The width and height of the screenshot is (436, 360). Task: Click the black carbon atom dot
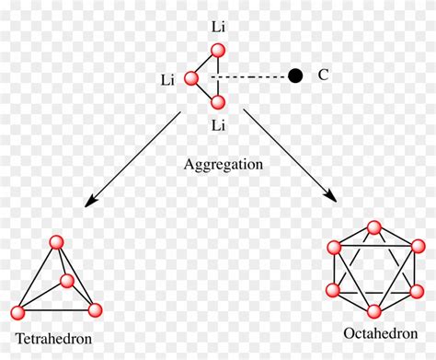pyautogui.click(x=295, y=76)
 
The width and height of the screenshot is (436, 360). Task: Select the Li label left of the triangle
pyautogui.click(x=166, y=80)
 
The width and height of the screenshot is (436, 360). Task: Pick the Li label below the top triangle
pyautogui.click(x=217, y=124)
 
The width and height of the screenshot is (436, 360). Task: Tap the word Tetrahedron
pyautogui.click(x=53, y=338)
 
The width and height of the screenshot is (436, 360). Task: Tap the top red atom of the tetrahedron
pyautogui.click(x=56, y=243)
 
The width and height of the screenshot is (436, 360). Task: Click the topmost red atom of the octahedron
pyautogui.click(x=373, y=227)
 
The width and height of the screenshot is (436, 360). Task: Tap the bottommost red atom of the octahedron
pyautogui.click(x=373, y=309)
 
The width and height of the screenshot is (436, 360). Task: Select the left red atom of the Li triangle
pyautogui.click(x=192, y=79)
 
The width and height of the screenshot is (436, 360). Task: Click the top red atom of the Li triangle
pyautogui.click(x=217, y=54)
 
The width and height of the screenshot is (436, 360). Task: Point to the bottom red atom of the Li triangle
pyautogui.click(x=217, y=102)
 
